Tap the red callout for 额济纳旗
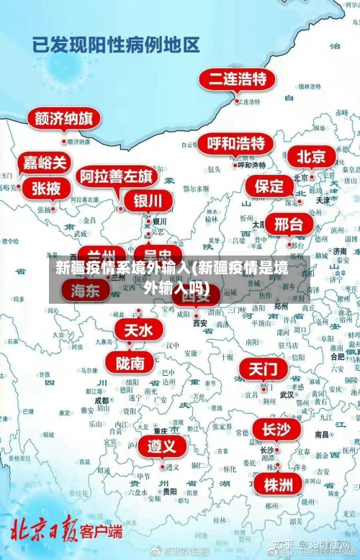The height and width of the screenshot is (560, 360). (63, 118)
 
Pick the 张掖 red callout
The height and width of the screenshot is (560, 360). (46, 189)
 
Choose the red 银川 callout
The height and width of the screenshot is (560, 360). (148, 200)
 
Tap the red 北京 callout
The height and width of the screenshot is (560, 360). (312, 156)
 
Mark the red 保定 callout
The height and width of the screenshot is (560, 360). (269, 186)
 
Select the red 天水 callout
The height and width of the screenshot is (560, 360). (139, 330)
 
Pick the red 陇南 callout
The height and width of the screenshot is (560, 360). (130, 362)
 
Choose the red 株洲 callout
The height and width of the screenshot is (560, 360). (278, 464)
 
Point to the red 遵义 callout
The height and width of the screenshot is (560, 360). (161, 426)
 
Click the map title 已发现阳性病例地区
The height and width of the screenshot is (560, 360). (116, 45)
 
